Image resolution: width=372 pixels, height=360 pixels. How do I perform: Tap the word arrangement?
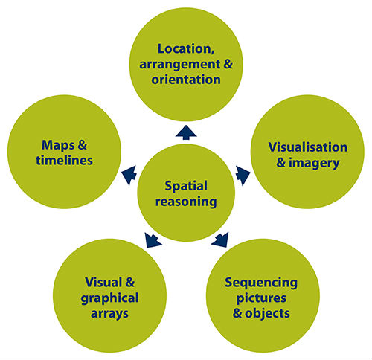pos(180,65)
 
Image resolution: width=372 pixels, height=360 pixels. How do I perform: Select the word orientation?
pos(186,80)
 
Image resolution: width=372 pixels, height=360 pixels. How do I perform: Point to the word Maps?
pos(58,146)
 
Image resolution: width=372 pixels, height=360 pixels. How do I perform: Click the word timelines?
pos(64,160)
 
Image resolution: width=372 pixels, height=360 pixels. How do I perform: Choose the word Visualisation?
pos(308,147)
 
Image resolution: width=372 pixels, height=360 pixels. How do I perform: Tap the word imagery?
pos(314,164)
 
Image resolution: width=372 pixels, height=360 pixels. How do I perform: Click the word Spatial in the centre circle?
pos(186,187)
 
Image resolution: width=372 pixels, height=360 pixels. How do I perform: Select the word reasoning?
pos(186,202)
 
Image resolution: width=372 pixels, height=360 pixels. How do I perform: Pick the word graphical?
pos(109,298)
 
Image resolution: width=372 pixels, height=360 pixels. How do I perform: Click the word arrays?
pos(109,314)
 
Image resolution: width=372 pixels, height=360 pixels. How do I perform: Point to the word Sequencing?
pos(261,283)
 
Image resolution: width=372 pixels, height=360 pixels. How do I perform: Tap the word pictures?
pos(261,298)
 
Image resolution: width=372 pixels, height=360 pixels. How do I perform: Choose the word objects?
pos(267,313)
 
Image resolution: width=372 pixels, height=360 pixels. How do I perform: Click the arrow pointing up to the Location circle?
pos(186,132)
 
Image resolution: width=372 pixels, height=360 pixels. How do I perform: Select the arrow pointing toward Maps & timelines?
pos(129,175)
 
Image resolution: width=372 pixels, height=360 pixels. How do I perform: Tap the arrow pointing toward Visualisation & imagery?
pos(243,175)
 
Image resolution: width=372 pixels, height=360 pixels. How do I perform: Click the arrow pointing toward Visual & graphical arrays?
pos(153,240)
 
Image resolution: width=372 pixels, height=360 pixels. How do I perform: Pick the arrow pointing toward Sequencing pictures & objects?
pos(220,240)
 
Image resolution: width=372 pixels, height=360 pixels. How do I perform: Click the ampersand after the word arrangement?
pos(228,64)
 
